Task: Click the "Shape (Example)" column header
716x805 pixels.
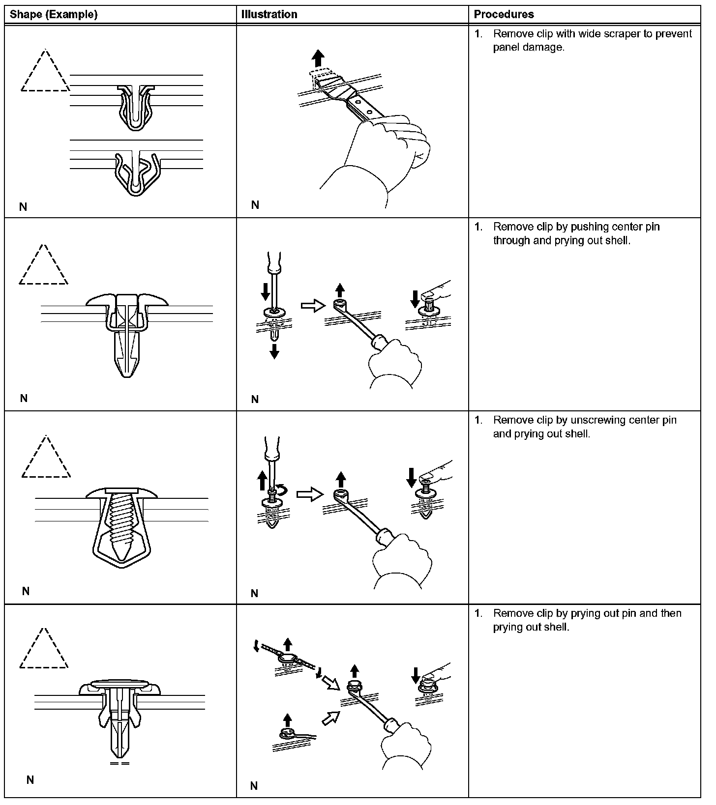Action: click(54, 14)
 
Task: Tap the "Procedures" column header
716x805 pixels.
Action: click(504, 14)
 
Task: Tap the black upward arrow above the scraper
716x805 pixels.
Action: click(319, 58)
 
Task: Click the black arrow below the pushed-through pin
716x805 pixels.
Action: click(274, 351)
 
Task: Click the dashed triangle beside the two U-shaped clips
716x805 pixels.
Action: click(45, 72)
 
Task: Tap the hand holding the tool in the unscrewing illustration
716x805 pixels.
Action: click(401, 560)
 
